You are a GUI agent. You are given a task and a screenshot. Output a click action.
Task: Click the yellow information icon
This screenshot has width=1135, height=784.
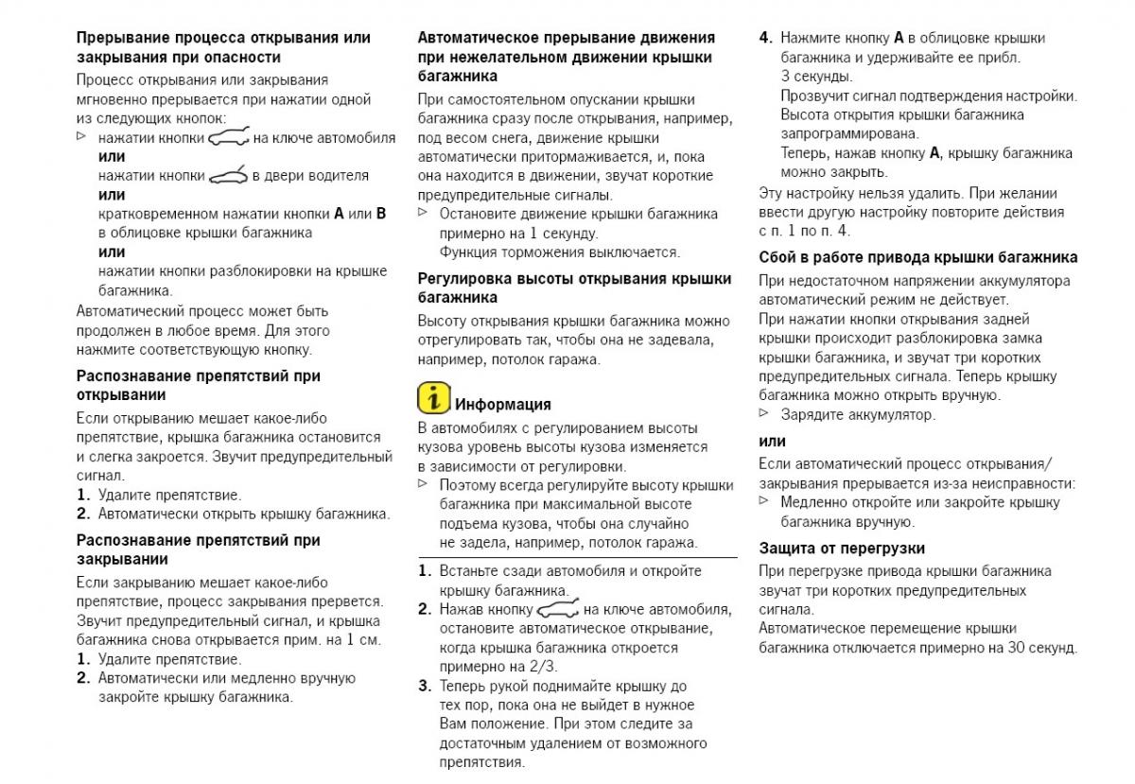[433, 398]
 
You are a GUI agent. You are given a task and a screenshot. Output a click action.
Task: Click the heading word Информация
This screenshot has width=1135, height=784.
[503, 405]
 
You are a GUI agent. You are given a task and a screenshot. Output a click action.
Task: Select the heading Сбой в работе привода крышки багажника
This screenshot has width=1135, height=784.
[917, 257]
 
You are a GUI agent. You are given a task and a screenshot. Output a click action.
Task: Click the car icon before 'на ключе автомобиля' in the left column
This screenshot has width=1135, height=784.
[228, 137]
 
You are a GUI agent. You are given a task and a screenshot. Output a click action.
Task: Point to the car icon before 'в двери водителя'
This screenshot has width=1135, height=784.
[228, 175]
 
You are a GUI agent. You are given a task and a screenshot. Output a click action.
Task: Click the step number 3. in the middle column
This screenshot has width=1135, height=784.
[425, 687]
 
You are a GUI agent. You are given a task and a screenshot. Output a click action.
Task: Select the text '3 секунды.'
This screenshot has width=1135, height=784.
[816, 77]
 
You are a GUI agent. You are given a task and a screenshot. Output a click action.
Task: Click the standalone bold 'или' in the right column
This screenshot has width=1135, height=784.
[772, 441]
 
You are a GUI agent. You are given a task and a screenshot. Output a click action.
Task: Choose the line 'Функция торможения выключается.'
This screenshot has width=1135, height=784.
[559, 253]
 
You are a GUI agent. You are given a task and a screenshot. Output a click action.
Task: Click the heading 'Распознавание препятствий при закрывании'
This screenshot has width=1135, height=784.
[198, 549]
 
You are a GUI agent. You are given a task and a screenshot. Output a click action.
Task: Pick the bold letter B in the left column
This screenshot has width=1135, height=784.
[380, 214]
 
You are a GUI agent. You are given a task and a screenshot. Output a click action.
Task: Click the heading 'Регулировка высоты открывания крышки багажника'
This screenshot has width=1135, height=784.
[574, 287]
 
